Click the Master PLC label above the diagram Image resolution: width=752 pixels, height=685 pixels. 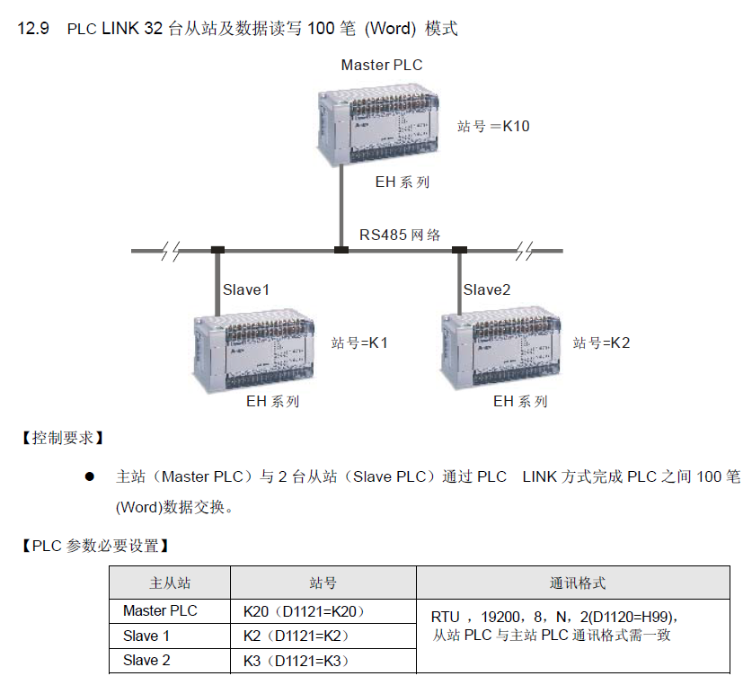(x=381, y=65)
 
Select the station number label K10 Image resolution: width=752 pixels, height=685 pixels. (x=493, y=126)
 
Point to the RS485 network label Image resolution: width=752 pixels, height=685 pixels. (x=401, y=235)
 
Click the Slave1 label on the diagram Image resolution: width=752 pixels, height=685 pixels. (x=246, y=289)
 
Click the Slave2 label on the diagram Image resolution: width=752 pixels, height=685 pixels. (x=487, y=289)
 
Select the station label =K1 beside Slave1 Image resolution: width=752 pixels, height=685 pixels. (x=360, y=342)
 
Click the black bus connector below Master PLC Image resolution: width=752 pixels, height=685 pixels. (x=341, y=250)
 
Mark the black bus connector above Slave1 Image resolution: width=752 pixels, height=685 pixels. (x=217, y=250)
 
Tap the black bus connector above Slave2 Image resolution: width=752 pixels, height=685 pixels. (x=460, y=250)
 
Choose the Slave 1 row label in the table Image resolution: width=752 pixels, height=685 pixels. (x=146, y=636)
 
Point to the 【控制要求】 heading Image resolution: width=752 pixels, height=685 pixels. (x=61, y=439)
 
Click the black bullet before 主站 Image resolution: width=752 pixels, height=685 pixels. (x=90, y=476)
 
